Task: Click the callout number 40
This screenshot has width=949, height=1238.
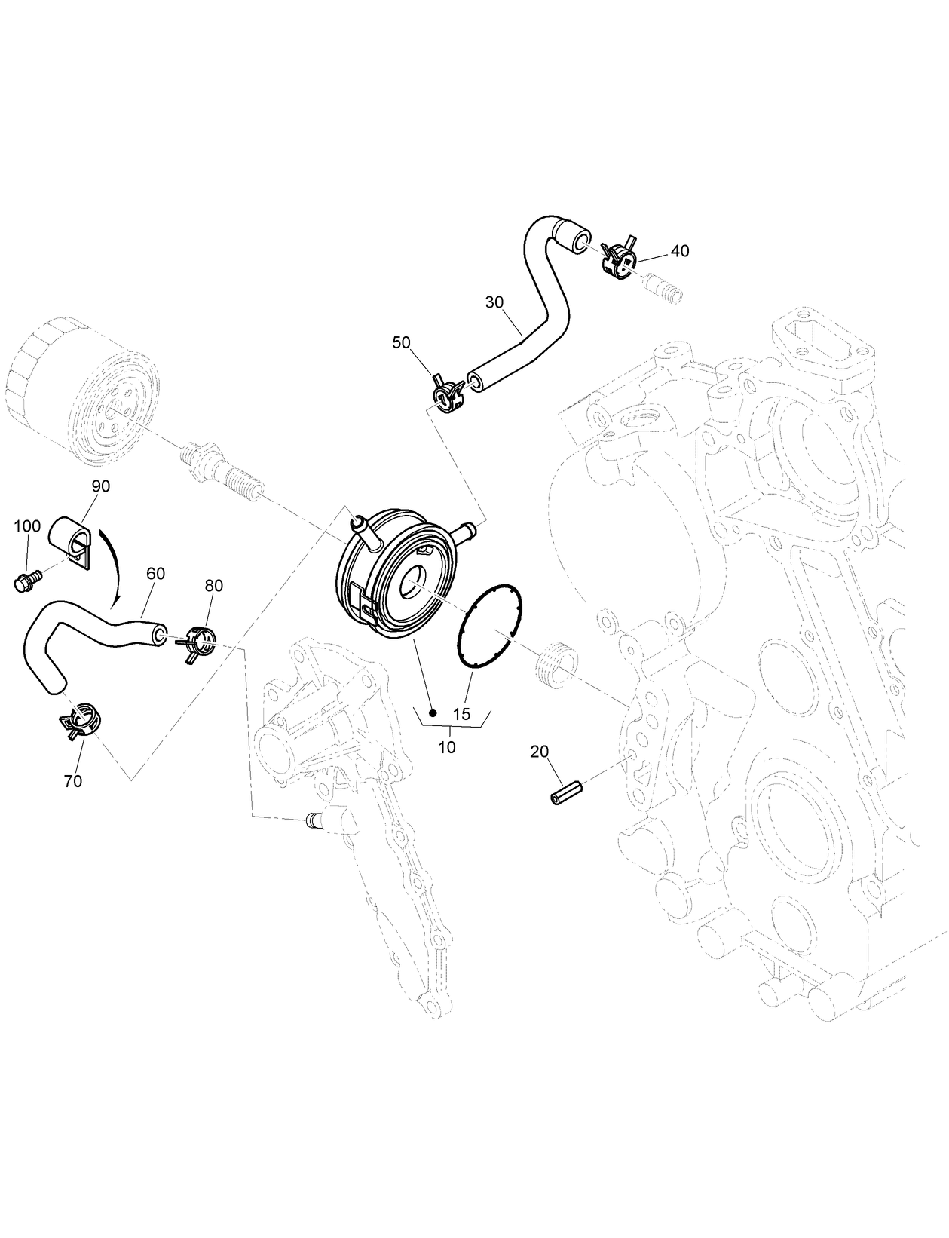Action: (679, 251)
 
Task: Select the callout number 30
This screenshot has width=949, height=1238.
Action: (494, 302)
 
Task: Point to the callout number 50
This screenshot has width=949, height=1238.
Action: (401, 342)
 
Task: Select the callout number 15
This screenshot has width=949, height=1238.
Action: (461, 713)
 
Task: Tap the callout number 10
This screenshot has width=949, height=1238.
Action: (447, 747)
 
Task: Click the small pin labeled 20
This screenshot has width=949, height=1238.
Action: (567, 794)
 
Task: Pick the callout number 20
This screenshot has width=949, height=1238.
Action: (540, 751)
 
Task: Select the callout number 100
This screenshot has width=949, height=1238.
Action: (27, 526)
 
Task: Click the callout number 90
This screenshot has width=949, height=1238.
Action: (100, 486)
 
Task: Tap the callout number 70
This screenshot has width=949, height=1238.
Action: (72, 781)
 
